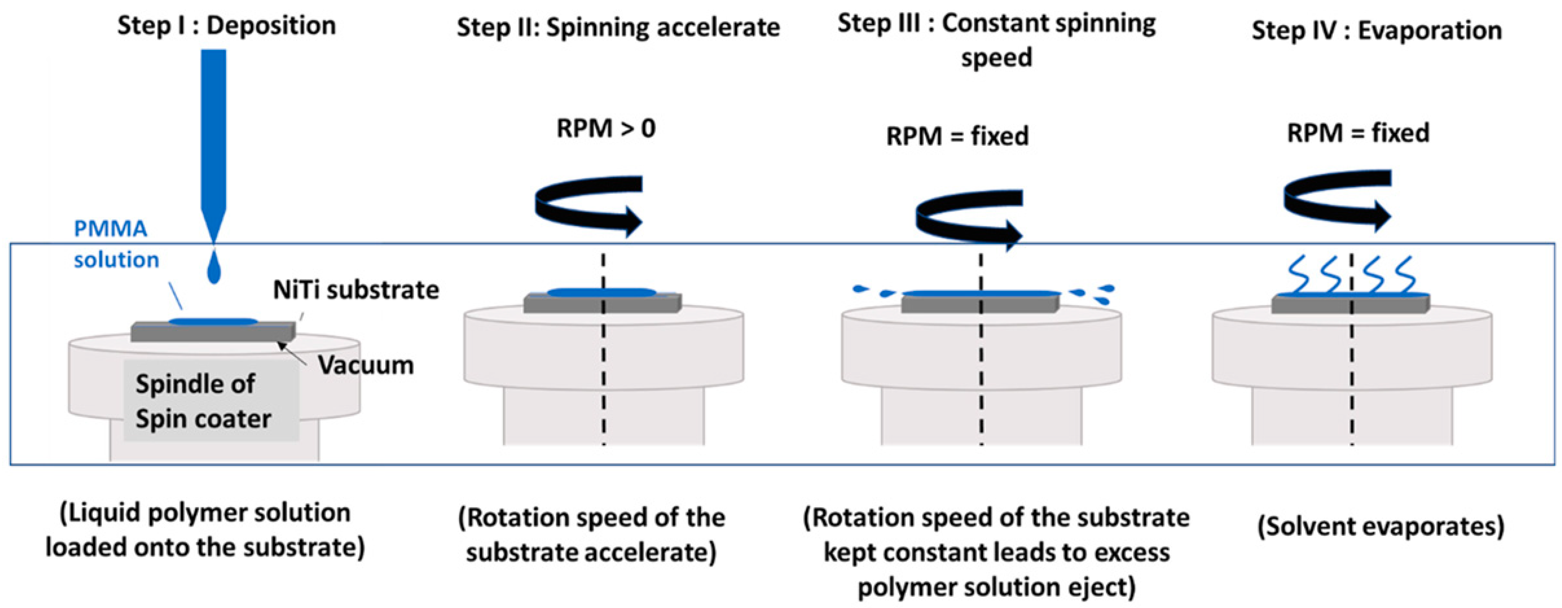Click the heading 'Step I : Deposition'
[226, 25]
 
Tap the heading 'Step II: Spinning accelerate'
[618, 28]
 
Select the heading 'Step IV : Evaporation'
[1377, 31]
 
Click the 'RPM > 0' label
[606, 129]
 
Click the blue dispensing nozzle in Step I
[213, 140]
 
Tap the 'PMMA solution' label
[115, 244]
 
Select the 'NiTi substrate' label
[356, 290]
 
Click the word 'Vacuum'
[366, 365]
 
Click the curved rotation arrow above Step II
[588, 205]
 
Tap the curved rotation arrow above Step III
[968, 219]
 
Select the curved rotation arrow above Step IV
[1337, 200]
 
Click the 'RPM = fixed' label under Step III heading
[958, 136]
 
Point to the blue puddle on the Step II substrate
[602, 293]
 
